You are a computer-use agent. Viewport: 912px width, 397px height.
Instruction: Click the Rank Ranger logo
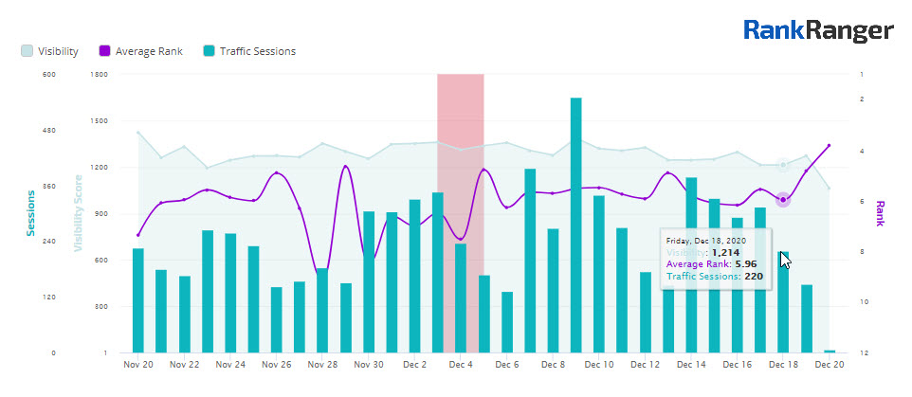[818, 31]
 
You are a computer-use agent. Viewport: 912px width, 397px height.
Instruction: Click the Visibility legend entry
[49, 51]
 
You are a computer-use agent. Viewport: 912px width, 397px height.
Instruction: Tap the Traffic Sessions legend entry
[248, 51]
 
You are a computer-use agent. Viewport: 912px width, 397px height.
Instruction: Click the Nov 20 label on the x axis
[138, 364]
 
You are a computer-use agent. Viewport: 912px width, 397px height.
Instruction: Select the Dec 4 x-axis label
[460, 364]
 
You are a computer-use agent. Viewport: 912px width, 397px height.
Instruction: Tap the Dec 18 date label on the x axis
[782, 364]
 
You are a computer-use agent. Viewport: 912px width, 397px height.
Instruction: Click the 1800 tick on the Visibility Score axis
[100, 74]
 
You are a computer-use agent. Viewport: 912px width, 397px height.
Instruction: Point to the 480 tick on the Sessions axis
[49, 130]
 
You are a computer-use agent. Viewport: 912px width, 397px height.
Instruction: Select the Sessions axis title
[30, 213]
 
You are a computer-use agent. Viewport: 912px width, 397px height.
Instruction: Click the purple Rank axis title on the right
[880, 213]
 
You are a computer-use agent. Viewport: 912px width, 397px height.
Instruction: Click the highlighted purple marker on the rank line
[783, 199]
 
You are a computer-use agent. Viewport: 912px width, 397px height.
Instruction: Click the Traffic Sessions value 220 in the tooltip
[754, 277]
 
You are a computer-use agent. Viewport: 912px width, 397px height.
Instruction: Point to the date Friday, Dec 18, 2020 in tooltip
[707, 241]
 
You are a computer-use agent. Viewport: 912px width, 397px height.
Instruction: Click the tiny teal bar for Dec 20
[830, 351]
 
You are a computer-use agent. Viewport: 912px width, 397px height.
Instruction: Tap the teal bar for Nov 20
[138, 300]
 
